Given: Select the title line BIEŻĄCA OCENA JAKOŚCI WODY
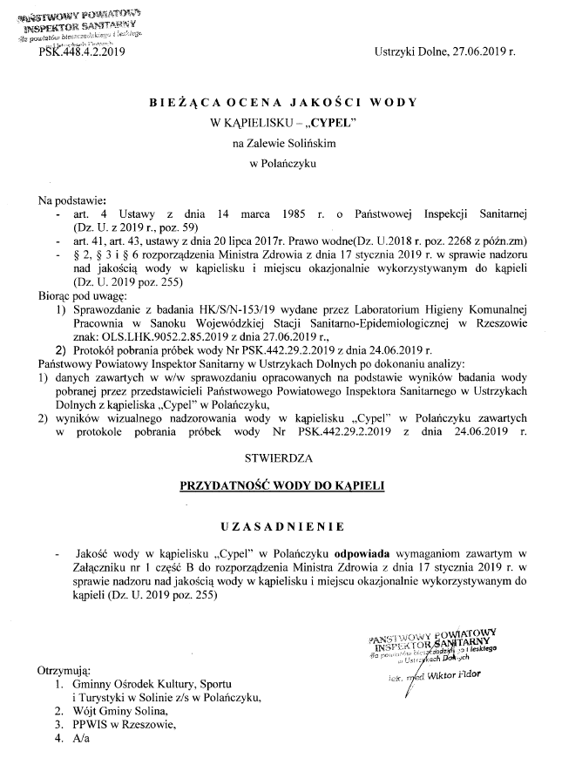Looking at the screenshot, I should click(283, 103).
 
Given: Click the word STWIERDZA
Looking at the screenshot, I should click(282, 453).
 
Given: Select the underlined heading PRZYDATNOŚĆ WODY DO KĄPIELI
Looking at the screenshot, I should click(282, 484).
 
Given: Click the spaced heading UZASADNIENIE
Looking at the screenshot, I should click(282, 526).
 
